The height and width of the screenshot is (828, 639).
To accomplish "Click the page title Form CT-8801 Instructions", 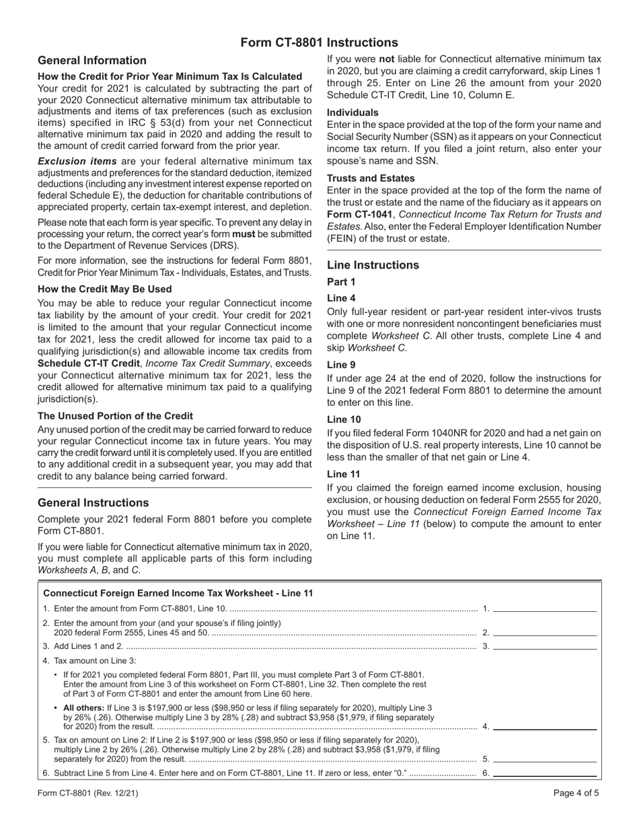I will click(319, 42).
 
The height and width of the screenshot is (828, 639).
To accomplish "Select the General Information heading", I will click(92, 61).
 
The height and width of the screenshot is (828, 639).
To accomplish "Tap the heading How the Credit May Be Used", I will click(105, 289).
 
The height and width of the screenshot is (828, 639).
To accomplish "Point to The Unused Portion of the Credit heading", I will click(115, 415).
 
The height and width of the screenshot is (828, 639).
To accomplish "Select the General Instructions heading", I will click(93, 503).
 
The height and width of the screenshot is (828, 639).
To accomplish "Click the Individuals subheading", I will click(352, 112).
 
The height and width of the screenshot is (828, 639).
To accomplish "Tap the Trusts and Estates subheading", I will click(371, 178).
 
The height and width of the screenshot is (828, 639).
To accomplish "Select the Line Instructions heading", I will click(373, 265).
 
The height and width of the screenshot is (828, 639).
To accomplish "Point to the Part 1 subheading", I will click(341, 282).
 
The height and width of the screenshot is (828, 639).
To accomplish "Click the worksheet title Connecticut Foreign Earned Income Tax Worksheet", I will click(178, 593).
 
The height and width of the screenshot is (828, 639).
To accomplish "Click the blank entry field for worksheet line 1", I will click(545, 608).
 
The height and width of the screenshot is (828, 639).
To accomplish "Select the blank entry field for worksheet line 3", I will click(545, 646).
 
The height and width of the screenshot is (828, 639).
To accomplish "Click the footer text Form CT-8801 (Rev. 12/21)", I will click(88, 793).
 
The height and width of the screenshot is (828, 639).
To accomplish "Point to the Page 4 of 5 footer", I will click(576, 793).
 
